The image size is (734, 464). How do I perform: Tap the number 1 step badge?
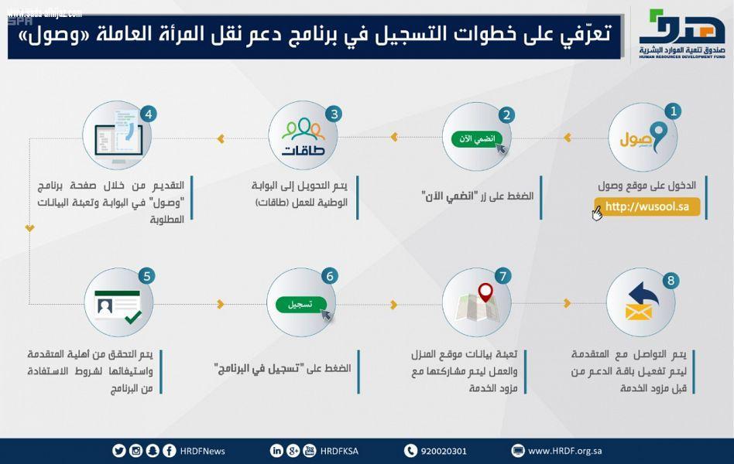[674, 111]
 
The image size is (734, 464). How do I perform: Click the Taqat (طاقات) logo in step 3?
[304, 136]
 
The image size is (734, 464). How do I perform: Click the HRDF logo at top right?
[681, 35]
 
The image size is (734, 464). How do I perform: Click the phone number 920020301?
[444, 451]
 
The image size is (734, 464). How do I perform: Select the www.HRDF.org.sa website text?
[565, 451]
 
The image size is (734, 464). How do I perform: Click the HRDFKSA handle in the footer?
[338, 451]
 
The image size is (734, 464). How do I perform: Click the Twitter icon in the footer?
[118, 451]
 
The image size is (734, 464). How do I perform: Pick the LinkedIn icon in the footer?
[276, 451]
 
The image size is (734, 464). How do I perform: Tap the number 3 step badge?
[334, 114]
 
